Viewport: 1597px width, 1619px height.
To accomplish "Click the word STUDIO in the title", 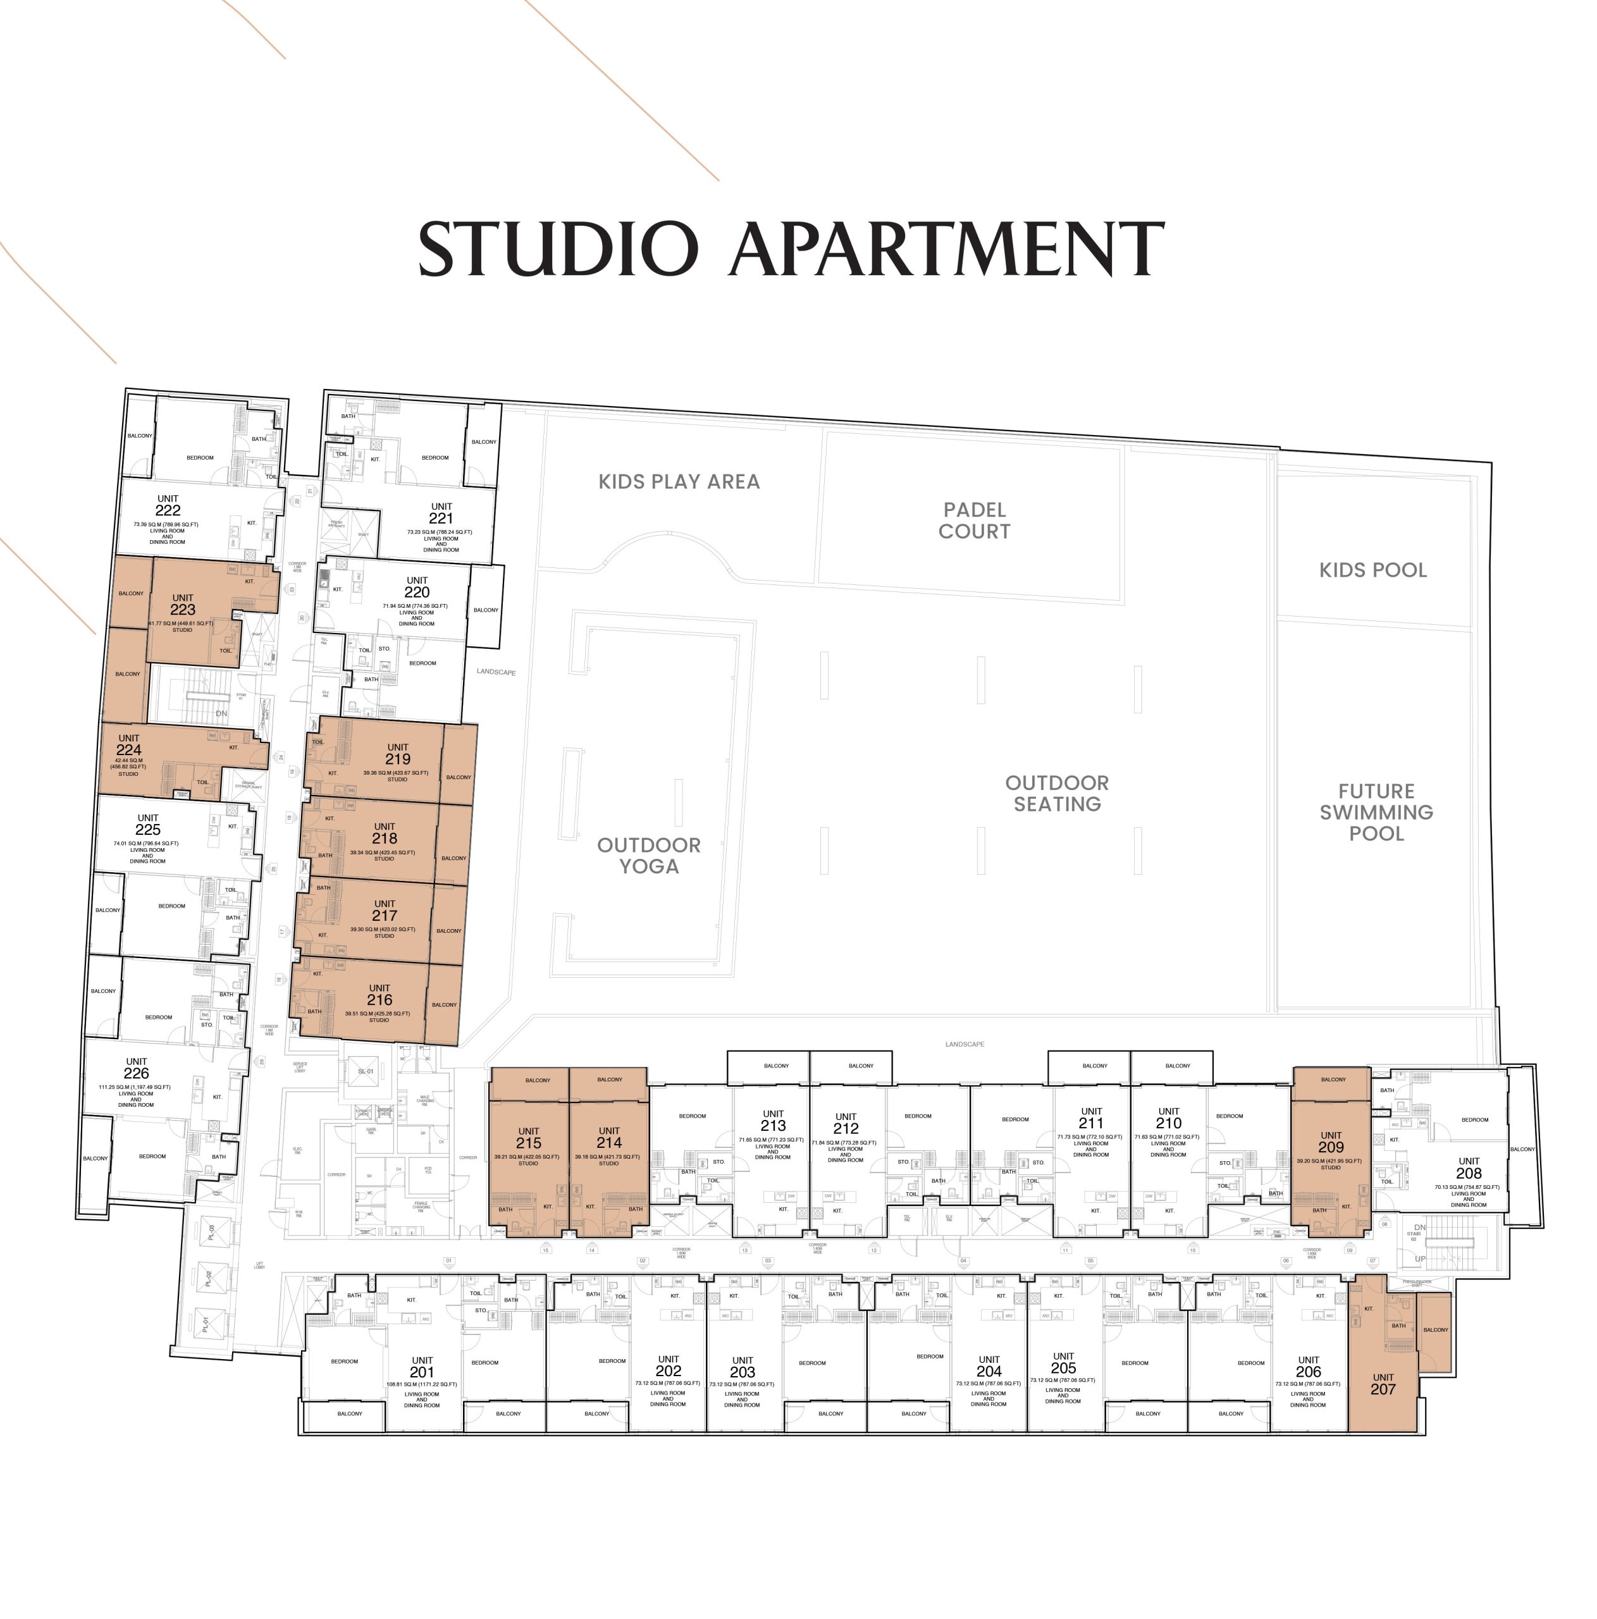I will pos(557,249).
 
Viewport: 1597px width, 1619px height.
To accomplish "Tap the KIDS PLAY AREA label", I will pos(679,482).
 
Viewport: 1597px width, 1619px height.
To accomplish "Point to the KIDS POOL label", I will pos(1372,570).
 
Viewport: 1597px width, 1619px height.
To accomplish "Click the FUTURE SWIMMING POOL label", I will pos(1376,812).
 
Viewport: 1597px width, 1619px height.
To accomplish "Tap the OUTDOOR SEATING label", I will pos(1057,794).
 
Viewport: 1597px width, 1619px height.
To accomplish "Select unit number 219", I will pos(398,759).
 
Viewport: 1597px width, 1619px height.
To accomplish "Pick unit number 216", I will pos(379,1000).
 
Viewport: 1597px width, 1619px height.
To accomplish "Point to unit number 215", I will pos(529,1143).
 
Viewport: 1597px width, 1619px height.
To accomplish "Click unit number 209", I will pos(1331,1147).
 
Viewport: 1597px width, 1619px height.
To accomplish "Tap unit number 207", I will pos(1383,1389).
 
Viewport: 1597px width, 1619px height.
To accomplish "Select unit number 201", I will pos(421,1372).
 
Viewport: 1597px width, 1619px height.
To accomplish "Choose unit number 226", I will pos(137,1073).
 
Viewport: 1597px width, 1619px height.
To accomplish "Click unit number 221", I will pos(441,519).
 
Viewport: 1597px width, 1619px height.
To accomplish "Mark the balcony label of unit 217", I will pos(448,931).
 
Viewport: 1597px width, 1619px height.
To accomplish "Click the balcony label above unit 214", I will pos(609,1080).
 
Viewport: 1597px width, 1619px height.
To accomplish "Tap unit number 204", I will pos(989,1371).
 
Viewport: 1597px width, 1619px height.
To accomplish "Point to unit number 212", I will pos(846,1129).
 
